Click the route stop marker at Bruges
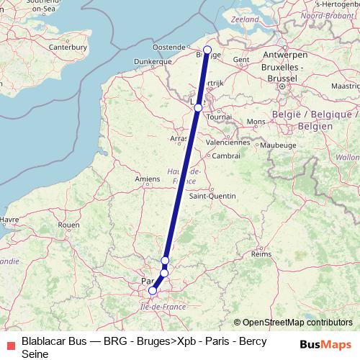[x=207, y=50]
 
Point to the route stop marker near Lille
[x=198, y=107]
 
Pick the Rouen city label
[x=68, y=225]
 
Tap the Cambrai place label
[x=226, y=156]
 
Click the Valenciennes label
[x=228, y=142]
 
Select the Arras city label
[x=179, y=138]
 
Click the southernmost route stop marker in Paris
[x=152, y=291]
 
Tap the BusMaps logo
[x=325, y=346]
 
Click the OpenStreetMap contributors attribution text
[x=293, y=323]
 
